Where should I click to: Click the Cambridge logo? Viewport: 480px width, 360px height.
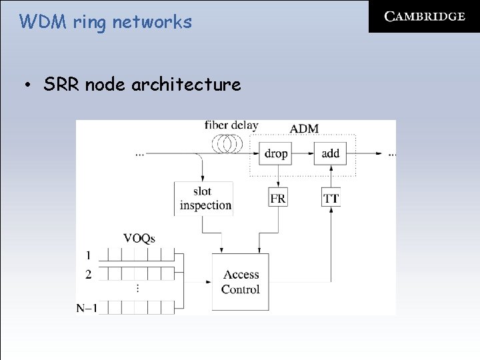pyautogui.click(x=424, y=17)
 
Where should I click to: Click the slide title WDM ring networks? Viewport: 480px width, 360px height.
pyautogui.click(x=105, y=22)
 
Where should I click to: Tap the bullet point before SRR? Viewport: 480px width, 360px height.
pyautogui.click(x=27, y=85)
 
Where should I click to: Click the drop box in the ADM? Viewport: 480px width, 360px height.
pyautogui.click(x=276, y=153)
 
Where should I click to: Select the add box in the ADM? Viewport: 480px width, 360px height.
pyautogui.click(x=331, y=153)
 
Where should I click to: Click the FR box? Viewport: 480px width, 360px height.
pyautogui.click(x=278, y=198)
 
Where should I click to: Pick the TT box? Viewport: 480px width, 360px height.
pyautogui.click(x=331, y=198)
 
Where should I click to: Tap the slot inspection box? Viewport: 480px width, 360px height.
pyautogui.click(x=204, y=198)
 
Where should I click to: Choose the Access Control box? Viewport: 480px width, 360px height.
pyautogui.click(x=241, y=282)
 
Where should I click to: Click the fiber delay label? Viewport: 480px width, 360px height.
pyautogui.click(x=231, y=125)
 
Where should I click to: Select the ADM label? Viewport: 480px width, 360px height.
pyautogui.click(x=304, y=128)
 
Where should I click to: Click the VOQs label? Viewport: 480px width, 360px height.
pyautogui.click(x=139, y=238)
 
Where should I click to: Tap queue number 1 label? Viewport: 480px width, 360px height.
pyautogui.click(x=87, y=255)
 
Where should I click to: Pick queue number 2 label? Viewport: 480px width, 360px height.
pyautogui.click(x=87, y=274)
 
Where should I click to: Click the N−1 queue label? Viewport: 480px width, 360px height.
pyautogui.click(x=87, y=308)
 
